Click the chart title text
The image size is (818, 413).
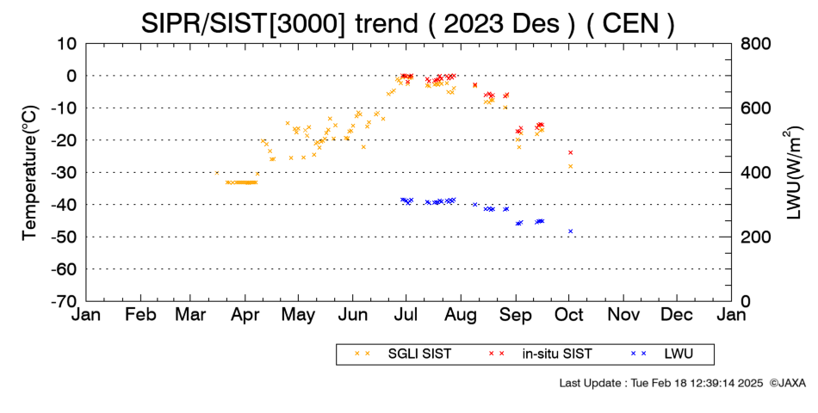[x=407, y=23]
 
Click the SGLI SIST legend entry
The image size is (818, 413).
[x=403, y=354]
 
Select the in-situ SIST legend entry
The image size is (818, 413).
[x=540, y=354]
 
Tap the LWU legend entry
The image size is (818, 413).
[x=661, y=354]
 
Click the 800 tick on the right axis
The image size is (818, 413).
[x=755, y=44]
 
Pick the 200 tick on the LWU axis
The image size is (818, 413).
[x=755, y=237]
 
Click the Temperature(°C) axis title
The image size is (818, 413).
[x=30, y=173]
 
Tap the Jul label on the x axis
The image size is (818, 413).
[x=406, y=315]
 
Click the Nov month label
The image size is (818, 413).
[x=623, y=315]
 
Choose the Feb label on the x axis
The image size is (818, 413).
[x=141, y=315]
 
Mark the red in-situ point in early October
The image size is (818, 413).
[x=570, y=152]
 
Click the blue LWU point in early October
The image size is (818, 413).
[x=570, y=231]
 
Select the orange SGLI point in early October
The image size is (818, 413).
[x=570, y=166]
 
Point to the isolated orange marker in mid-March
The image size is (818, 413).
[x=216, y=173]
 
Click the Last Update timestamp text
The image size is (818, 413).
[x=661, y=383]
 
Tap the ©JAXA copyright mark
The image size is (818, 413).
[x=787, y=383]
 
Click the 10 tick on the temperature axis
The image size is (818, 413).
[x=67, y=44]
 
